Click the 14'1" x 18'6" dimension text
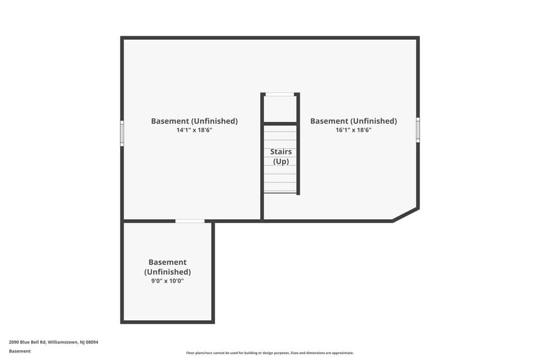194,130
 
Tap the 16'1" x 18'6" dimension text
353,130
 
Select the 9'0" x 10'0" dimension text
167,281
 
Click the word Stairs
280,152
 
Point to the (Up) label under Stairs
280,162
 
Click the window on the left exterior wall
122,133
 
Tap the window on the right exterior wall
418,130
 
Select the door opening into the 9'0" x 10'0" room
190,221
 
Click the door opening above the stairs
280,94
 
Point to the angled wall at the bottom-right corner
406,215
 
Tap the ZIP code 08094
92,342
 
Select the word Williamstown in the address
63,342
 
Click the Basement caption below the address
20,351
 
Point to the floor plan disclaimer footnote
269,353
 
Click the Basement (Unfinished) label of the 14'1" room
194,121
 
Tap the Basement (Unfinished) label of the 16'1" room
353,121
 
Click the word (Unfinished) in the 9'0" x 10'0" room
167,272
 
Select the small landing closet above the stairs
280,109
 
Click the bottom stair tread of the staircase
280,192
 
